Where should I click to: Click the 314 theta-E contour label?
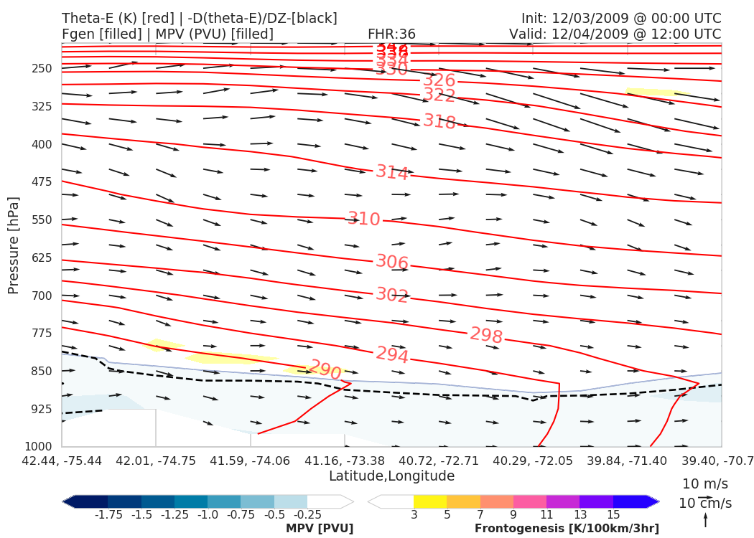click(x=392, y=173)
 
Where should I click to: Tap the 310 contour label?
click(x=364, y=220)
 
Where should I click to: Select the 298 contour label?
click(x=486, y=335)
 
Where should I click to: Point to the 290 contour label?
click(x=325, y=370)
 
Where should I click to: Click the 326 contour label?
click(x=439, y=80)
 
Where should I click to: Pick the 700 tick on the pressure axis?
click(x=41, y=296)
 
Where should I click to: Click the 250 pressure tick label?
click(x=41, y=69)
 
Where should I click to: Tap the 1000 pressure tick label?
click(x=38, y=447)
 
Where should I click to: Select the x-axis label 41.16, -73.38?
click(x=344, y=460)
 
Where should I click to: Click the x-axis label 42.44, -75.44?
click(x=62, y=460)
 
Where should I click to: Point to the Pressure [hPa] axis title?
click(x=14, y=245)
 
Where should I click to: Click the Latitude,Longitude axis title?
click(x=391, y=476)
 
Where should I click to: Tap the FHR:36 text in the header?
click(x=391, y=34)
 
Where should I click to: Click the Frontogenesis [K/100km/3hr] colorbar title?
click(x=567, y=529)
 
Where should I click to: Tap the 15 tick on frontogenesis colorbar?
click(x=613, y=515)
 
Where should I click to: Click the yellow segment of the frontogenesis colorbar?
click(x=430, y=501)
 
